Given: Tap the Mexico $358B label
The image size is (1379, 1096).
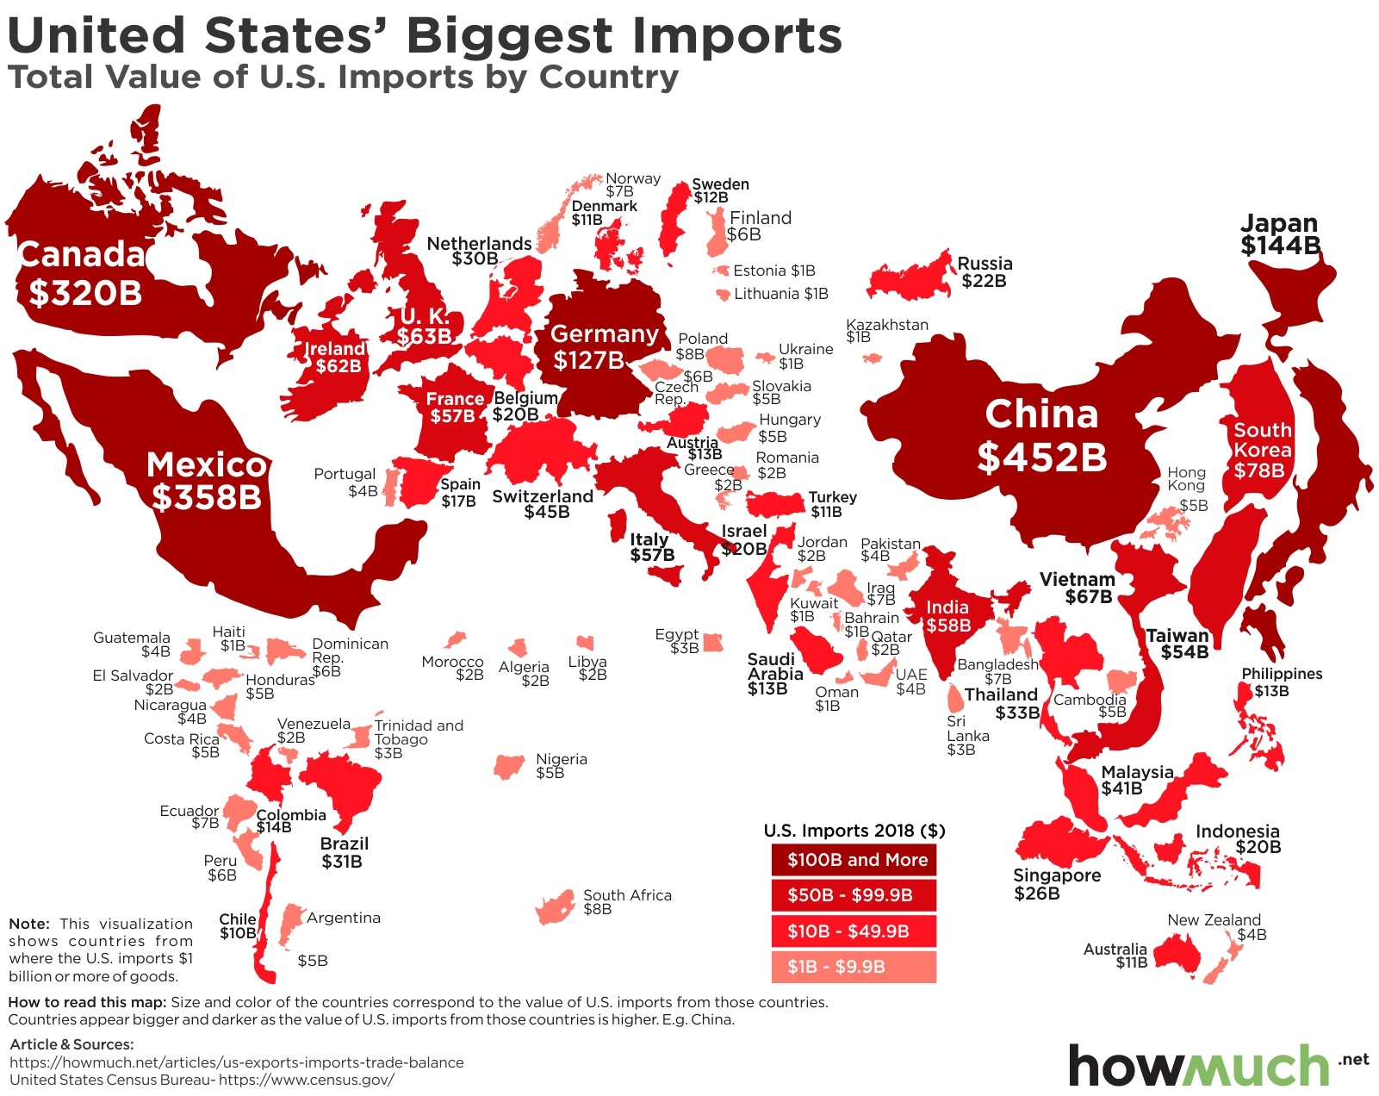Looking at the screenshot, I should tap(207, 481).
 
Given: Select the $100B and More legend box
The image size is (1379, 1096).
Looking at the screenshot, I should tap(854, 860).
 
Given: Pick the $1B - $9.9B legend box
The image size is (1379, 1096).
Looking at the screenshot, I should tap(854, 967).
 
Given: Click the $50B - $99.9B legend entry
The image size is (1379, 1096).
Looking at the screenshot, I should tap(854, 895).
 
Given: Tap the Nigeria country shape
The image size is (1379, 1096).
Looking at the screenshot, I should tap(509, 765).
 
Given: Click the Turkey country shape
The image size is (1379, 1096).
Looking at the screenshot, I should tap(776, 503).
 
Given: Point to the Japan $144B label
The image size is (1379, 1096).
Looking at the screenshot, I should tap(1280, 234).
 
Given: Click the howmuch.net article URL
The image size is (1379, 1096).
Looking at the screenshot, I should tap(237, 1062).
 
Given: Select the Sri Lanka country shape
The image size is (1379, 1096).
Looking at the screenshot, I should tap(955, 697).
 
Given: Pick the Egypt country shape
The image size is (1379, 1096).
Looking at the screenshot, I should tap(712, 643).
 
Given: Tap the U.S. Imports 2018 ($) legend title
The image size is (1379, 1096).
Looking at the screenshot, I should tap(854, 831).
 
